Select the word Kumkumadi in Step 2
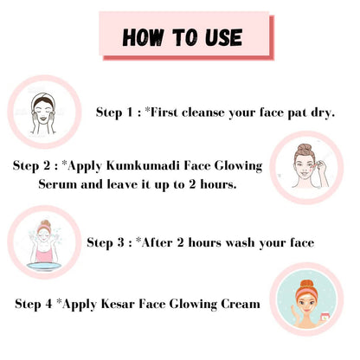(143, 166)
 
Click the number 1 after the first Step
(130, 112)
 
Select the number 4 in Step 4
(48, 304)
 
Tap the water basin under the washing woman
(44, 266)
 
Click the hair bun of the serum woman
(305, 148)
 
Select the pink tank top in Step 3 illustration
(44, 254)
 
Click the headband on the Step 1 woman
(43, 97)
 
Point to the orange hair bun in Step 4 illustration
(307, 283)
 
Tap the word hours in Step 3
(205, 242)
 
